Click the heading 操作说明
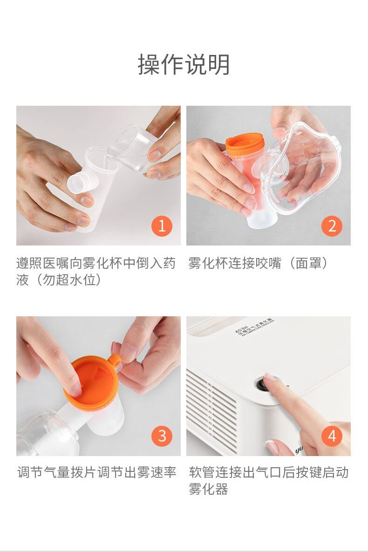184,64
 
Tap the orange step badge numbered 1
162,226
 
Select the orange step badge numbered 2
332,226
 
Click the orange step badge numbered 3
162,436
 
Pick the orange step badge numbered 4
332,436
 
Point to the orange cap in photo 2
245,143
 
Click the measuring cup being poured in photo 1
130,149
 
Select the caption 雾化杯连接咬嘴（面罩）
259,263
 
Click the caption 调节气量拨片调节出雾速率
97,472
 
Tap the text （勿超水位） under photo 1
59,280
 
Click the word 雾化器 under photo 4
208,490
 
